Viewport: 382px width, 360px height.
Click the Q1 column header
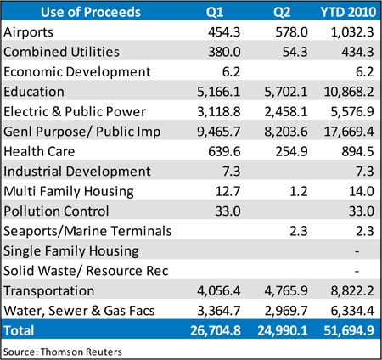tap(215, 12)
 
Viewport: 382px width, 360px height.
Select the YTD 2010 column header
tap(348, 12)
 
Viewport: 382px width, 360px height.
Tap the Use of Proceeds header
tap(91, 12)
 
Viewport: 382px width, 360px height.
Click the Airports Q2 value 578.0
tap(291, 32)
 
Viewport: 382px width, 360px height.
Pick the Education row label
tap(34, 92)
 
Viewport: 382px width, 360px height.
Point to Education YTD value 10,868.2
tap(349, 92)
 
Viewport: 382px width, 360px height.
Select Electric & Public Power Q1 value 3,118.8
tap(219, 111)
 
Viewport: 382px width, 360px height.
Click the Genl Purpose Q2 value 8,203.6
tap(286, 132)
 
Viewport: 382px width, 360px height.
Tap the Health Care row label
tap(39, 151)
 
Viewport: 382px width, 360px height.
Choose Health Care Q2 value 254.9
tap(291, 151)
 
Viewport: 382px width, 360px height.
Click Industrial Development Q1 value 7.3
tap(231, 172)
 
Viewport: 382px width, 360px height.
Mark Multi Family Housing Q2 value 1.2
tap(298, 191)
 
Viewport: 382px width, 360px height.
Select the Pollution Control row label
tap(56, 211)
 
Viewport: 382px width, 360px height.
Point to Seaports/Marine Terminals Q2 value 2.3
tap(298, 231)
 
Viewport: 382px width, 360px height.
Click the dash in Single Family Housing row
tap(357, 251)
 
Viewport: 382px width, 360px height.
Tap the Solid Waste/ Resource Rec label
tap(86, 271)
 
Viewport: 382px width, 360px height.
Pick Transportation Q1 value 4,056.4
tap(219, 290)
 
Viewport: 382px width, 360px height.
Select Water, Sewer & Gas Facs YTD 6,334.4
tap(352, 311)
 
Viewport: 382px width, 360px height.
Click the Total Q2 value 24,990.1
tap(283, 330)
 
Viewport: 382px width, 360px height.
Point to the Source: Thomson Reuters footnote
tap(63, 352)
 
